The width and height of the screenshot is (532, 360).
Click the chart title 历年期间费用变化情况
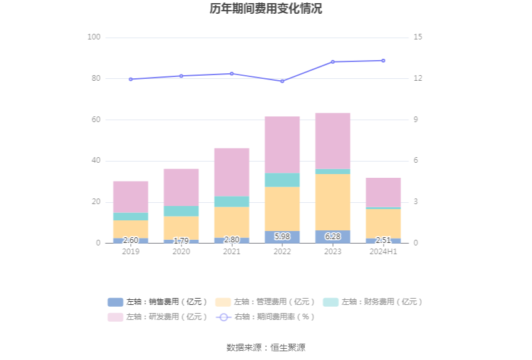point(266,9)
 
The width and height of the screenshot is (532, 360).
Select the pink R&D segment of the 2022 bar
point(282,145)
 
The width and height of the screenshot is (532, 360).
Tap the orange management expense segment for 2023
point(332,202)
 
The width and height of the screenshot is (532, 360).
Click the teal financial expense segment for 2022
point(282,180)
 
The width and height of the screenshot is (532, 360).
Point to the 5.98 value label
point(282,237)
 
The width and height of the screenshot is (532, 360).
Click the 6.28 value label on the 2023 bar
point(332,237)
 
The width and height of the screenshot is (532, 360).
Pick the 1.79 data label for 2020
point(181,240)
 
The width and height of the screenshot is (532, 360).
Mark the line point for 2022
point(282,81)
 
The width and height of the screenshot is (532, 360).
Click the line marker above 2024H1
point(383,61)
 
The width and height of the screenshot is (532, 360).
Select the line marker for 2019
point(131,80)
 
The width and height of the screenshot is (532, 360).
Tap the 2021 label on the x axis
point(232,252)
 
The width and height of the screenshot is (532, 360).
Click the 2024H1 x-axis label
point(383,252)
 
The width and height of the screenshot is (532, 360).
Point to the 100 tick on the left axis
point(94,38)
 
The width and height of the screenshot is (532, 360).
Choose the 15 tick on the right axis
point(418,38)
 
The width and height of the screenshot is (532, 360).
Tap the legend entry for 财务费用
point(373,302)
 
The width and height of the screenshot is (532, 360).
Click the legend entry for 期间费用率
point(265,317)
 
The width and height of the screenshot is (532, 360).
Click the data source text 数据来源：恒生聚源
point(266,347)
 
